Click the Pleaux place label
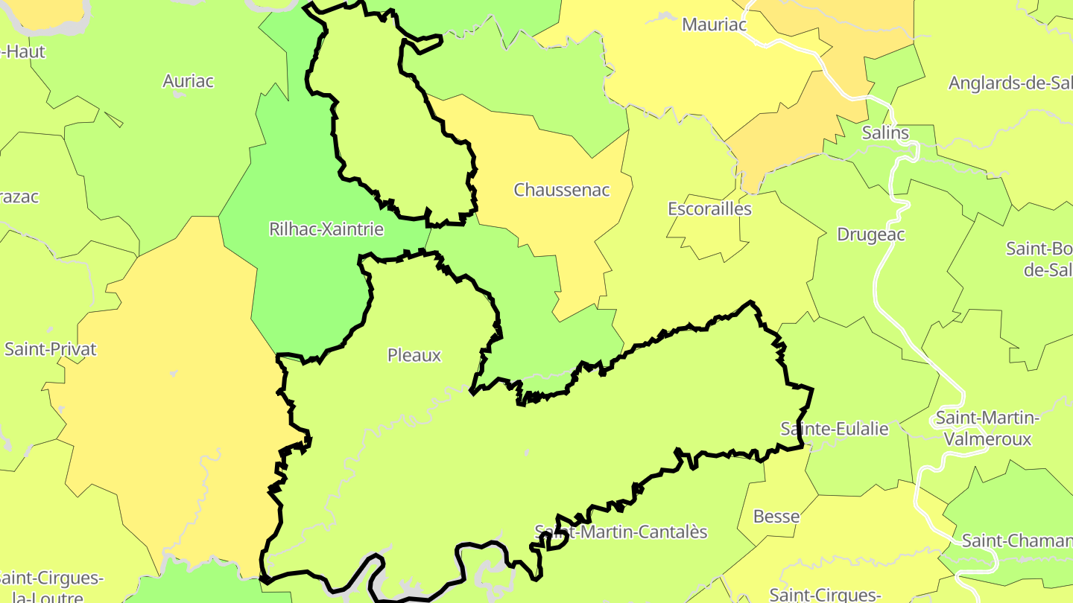[414, 356]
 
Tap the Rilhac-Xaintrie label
[326, 229]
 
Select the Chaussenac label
[562, 190]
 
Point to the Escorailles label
[709, 208]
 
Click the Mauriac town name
[714, 25]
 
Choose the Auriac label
[188, 81]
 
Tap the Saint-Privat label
[51, 349]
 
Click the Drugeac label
[870, 234]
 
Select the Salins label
[885, 133]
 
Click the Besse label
[776, 517]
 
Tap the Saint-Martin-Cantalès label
[621, 532]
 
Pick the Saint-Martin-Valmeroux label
[987, 428]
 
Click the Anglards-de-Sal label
[1010, 83]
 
